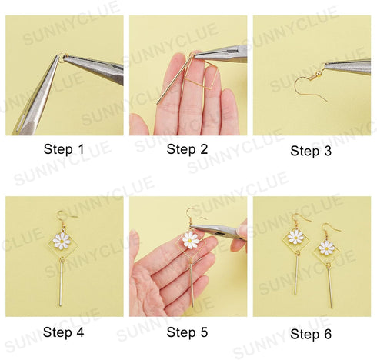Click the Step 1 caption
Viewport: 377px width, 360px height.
point(65,149)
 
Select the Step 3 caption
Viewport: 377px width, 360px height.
point(311,151)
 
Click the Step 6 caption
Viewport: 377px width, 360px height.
point(311,334)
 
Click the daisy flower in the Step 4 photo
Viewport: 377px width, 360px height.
point(62,241)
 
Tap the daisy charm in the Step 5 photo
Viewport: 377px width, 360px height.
point(190,240)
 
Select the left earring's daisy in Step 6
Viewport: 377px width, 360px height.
point(294,237)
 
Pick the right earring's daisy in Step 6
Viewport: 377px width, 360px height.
point(327,247)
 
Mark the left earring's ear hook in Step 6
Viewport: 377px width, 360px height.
point(296,215)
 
